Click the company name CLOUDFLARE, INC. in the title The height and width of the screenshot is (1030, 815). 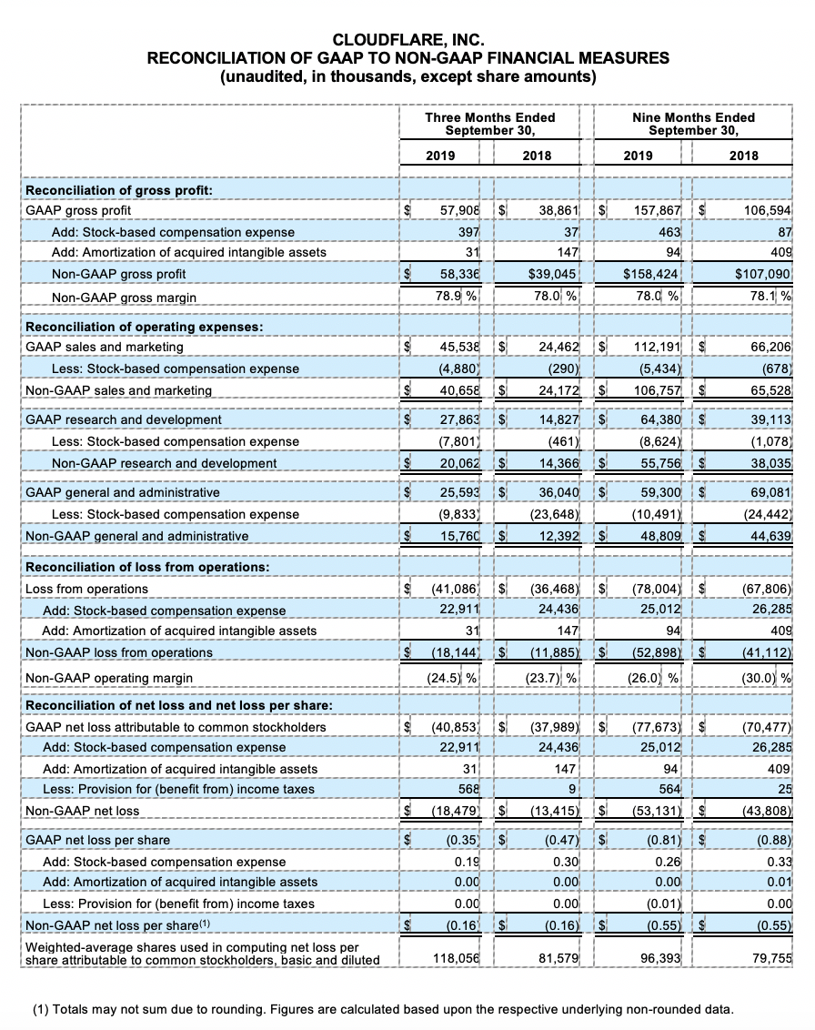[407, 39]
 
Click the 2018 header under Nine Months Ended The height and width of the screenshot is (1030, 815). [743, 156]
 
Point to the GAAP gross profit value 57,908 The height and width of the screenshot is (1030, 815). [460, 210]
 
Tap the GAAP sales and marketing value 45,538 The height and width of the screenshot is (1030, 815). [460, 347]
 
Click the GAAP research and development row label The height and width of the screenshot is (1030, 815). [123, 419]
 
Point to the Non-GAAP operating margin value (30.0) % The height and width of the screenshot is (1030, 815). [764, 678]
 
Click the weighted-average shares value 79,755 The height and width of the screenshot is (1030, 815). [771, 959]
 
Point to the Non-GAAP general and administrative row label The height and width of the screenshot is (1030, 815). [136, 536]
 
